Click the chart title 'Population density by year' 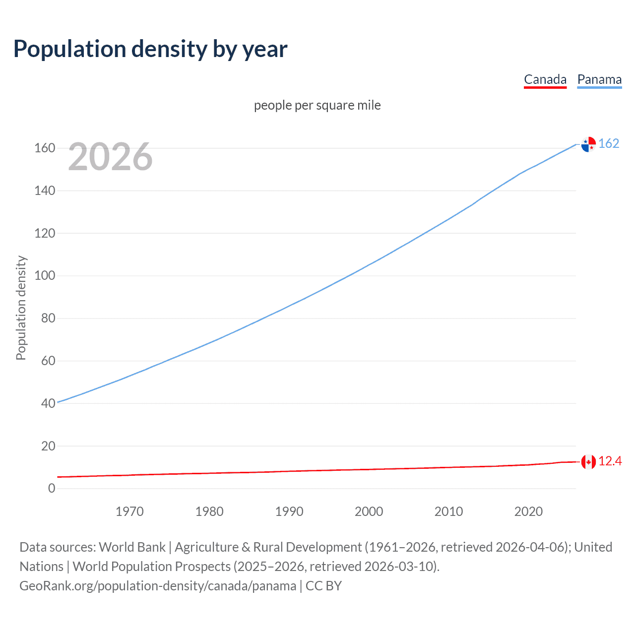pos(150,49)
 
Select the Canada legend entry pos(545,79)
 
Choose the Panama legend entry pos(599,79)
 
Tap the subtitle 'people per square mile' pos(317,105)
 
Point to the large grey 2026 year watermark pos(110,157)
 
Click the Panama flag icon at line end pos(588,144)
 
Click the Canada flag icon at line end pos(588,462)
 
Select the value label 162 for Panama pos(609,143)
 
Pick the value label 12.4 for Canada pos(610,461)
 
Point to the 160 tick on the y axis pos(45,148)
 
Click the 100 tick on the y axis pos(45,275)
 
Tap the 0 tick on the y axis pos(52,488)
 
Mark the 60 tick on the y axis pos(48,361)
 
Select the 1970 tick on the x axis pos(129,511)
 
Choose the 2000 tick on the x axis pos(369,511)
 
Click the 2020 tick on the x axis pos(528,511)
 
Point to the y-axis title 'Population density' pos(21,308)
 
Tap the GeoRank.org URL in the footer pos(158,586)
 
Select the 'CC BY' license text pos(323,586)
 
